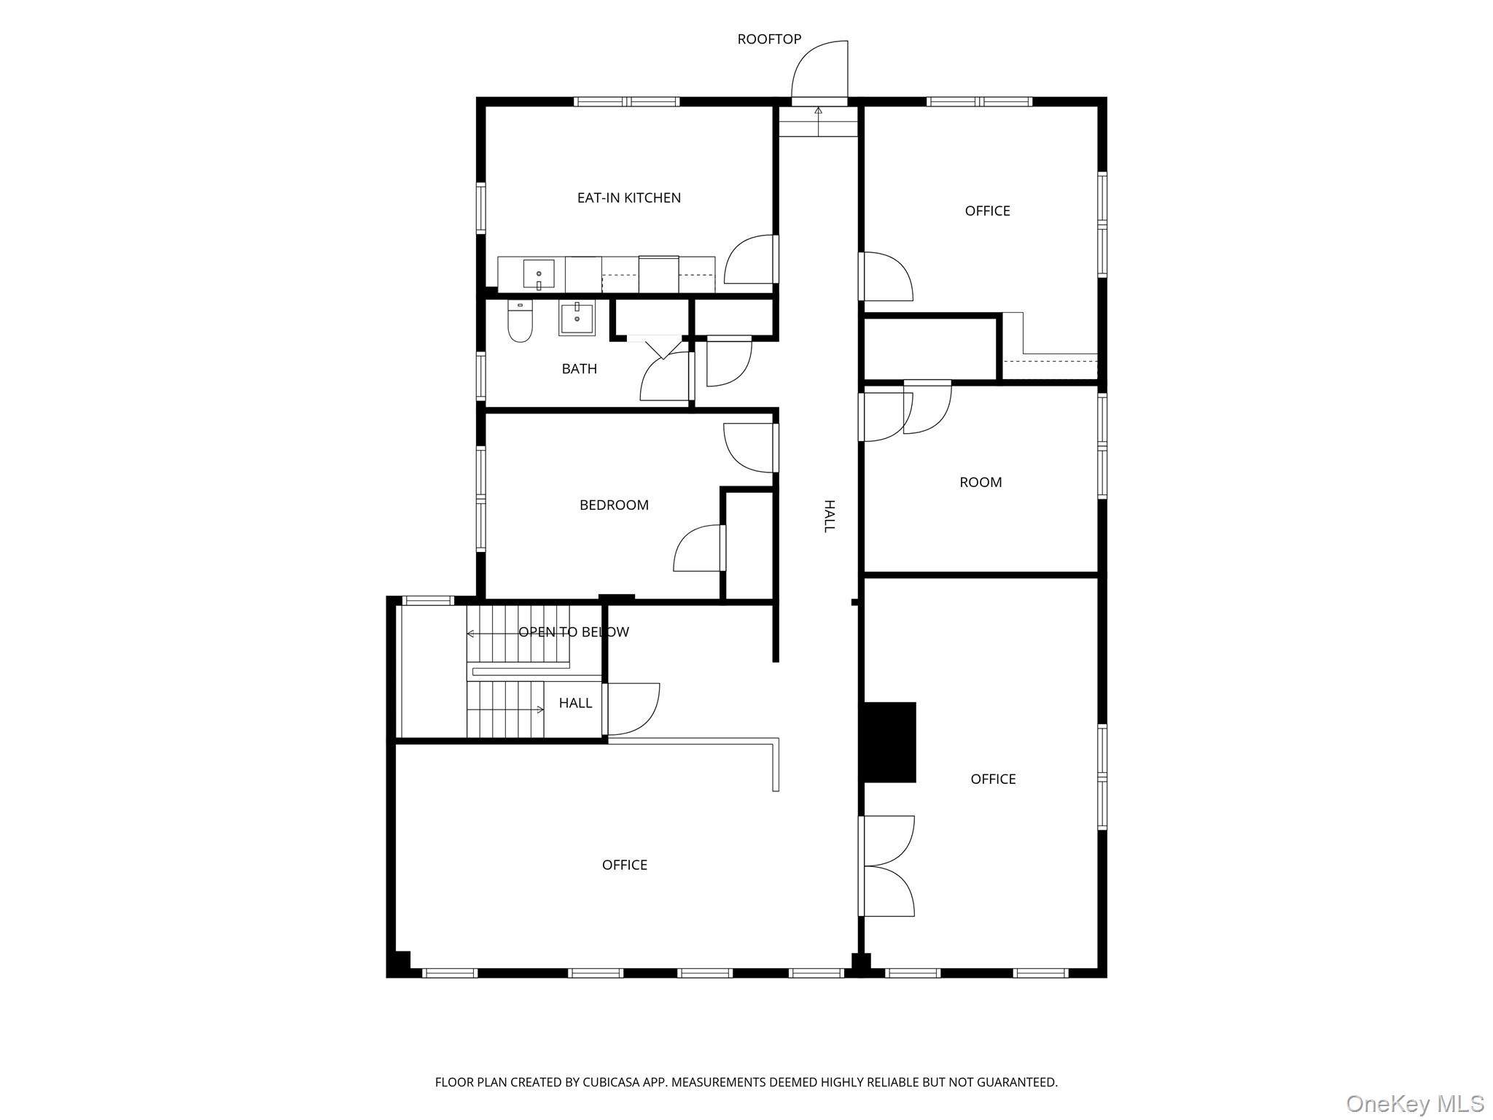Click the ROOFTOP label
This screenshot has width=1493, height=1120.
tap(769, 39)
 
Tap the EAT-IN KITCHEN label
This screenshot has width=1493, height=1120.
tap(629, 198)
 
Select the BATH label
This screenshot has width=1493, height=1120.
tap(580, 369)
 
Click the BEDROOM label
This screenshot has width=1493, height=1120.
tap(614, 505)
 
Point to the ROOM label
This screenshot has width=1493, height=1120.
tap(981, 482)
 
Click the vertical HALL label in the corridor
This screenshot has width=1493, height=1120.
tap(829, 516)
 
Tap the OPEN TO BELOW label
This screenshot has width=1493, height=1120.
tap(574, 632)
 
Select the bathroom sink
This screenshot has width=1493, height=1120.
tap(577, 319)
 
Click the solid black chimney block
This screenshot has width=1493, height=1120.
tap(889, 742)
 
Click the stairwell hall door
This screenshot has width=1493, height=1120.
tap(632, 709)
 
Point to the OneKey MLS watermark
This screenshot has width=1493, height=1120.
tap(1414, 1103)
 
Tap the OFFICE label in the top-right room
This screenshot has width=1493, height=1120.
tap(987, 211)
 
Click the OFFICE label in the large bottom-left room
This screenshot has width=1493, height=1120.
tap(625, 865)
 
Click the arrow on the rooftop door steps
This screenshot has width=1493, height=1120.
tap(818, 121)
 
